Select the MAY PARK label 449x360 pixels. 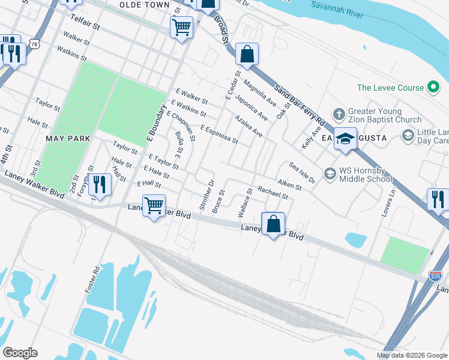pos(68,139)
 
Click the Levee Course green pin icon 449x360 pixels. pos(433,88)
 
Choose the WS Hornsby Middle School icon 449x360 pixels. pos(330,174)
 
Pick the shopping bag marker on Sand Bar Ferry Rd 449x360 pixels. pos(247,55)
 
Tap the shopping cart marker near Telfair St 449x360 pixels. pos(181,26)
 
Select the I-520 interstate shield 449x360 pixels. pos(436,277)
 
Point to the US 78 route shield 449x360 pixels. pos(37,44)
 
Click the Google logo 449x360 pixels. pos(20,353)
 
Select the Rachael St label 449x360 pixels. pos(273,193)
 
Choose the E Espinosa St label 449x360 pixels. pos(219,134)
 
